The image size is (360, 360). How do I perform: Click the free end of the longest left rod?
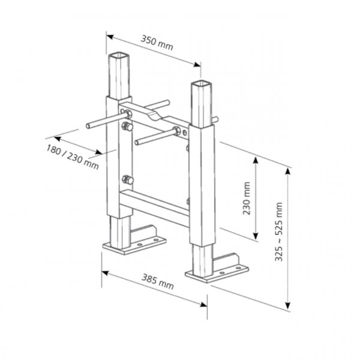[88, 126]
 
